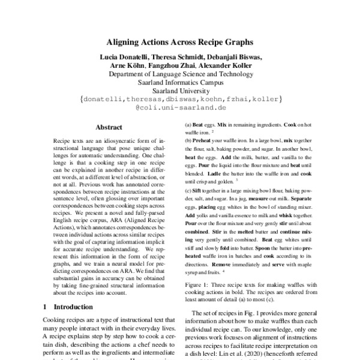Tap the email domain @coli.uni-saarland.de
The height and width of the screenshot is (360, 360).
point(180,108)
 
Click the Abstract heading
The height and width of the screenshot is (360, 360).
point(109,128)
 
